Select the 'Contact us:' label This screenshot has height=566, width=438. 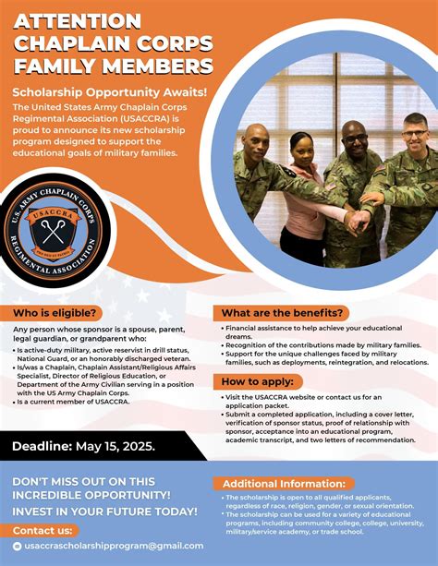[x=44, y=530]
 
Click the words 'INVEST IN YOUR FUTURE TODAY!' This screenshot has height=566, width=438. [x=104, y=511]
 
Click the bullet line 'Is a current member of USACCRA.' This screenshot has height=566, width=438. [x=72, y=402]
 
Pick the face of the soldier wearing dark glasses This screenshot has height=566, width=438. [x=354, y=138]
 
